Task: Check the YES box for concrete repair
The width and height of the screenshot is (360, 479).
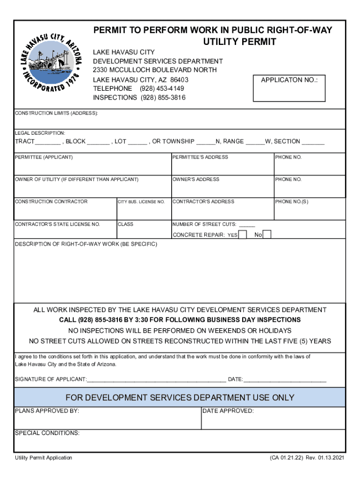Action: click(x=243, y=234)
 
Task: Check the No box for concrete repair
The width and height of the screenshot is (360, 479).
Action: click(x=267, y=234)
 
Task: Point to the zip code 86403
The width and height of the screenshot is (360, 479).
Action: click(x=179, y=80)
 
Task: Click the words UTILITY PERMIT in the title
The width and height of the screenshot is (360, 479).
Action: click(x=239, y=42)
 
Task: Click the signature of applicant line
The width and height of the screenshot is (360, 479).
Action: click(x=157, y=380)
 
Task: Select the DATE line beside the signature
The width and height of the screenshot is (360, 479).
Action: click(x=285, y=380)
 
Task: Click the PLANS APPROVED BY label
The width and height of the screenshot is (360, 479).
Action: click(x=47, y=411)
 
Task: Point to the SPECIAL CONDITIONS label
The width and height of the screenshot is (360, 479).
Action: click(x=47, y=433)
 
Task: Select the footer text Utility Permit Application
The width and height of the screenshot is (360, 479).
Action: click(x=43, y=458)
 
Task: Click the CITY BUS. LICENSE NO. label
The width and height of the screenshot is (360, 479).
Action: click(x=141, y=202)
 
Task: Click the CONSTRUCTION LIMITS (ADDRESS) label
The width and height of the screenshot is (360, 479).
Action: click(x=57, y=114)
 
